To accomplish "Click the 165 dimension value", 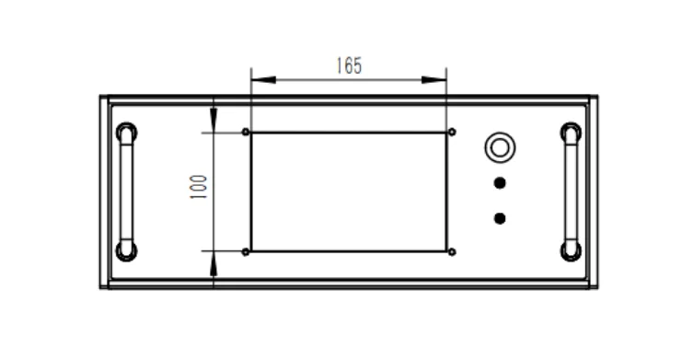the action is click(x=349, y=65).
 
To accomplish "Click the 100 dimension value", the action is click(x=198, y=187).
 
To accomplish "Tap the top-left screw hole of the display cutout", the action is click(x=246, y=132).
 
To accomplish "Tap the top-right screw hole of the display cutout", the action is click(x=452, y=132).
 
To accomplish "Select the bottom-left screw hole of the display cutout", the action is click(x=246, y=251).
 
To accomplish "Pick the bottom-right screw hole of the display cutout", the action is click(x=452, y=251).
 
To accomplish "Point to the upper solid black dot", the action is click(x=500, y=183).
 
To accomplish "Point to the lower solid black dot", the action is click(x=500, y=218).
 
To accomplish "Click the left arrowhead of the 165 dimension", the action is click(x=263, y=80).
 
